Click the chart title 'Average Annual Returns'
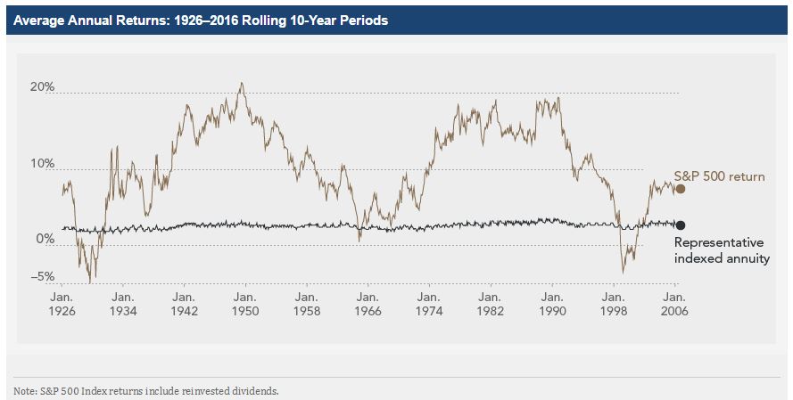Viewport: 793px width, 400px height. (x=201, y=20)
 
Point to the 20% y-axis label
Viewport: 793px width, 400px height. (x=43, y=87)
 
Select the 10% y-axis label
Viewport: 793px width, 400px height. (x=43, y=164)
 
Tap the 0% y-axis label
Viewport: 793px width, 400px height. (x=45, y=240)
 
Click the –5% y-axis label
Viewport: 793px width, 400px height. (x=42, y=276)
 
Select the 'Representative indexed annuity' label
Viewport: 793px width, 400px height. (x=719, y=250)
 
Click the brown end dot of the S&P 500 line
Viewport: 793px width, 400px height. (x=681, y=189)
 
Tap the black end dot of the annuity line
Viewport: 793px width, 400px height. (x=681, y=225)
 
